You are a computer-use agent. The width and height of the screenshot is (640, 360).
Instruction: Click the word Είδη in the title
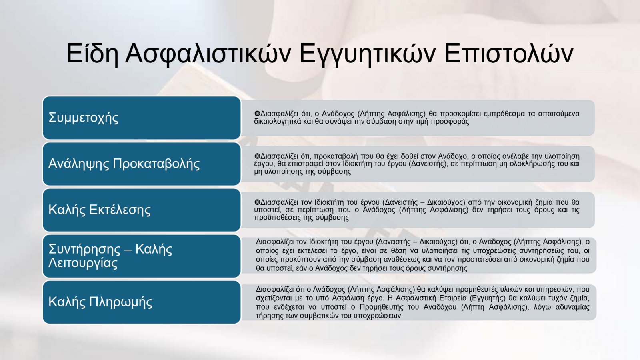click(92, 54)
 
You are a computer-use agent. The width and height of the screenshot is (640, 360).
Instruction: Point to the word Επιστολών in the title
click(509, 54)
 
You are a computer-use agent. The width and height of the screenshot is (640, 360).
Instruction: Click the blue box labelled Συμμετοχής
click(142, 118)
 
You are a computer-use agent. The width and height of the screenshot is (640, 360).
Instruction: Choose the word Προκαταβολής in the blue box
click(156, 164)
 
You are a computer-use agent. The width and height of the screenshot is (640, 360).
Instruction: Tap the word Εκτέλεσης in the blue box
click(120, 210)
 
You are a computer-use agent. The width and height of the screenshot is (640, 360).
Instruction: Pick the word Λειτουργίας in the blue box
click(83, 263)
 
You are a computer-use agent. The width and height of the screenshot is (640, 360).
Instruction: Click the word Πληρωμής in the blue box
click(120, 302)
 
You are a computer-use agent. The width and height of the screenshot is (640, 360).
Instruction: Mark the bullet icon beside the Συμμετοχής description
click(257, 114)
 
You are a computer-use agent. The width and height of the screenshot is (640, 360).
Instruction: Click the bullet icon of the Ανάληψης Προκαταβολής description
click(257, 156)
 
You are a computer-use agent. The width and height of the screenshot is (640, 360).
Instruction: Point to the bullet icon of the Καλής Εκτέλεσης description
click(257, 202)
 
